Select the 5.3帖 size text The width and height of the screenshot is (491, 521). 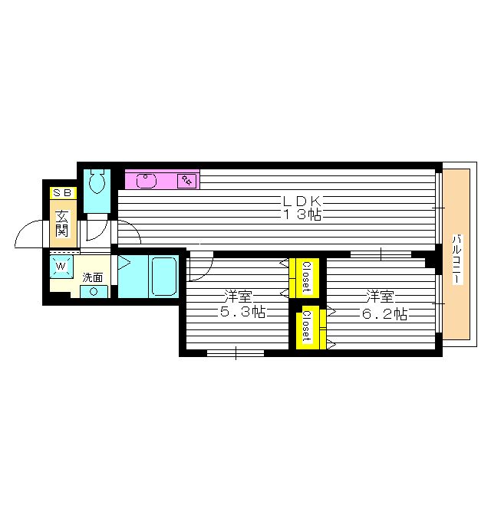coord(239,312)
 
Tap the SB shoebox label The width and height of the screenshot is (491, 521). coord(63,192)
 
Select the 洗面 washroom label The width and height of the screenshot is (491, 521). coord(93,277)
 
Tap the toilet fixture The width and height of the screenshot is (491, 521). coord(97,183)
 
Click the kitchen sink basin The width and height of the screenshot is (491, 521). coord(147,181)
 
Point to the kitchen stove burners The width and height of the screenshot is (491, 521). coord(187,181)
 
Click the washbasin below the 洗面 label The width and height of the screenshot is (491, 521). coord(94,291)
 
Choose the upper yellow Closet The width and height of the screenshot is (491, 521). coord(304,277)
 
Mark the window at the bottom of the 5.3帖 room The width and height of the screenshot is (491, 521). coord(236,353)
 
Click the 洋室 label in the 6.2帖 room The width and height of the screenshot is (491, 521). coord(381,296)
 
